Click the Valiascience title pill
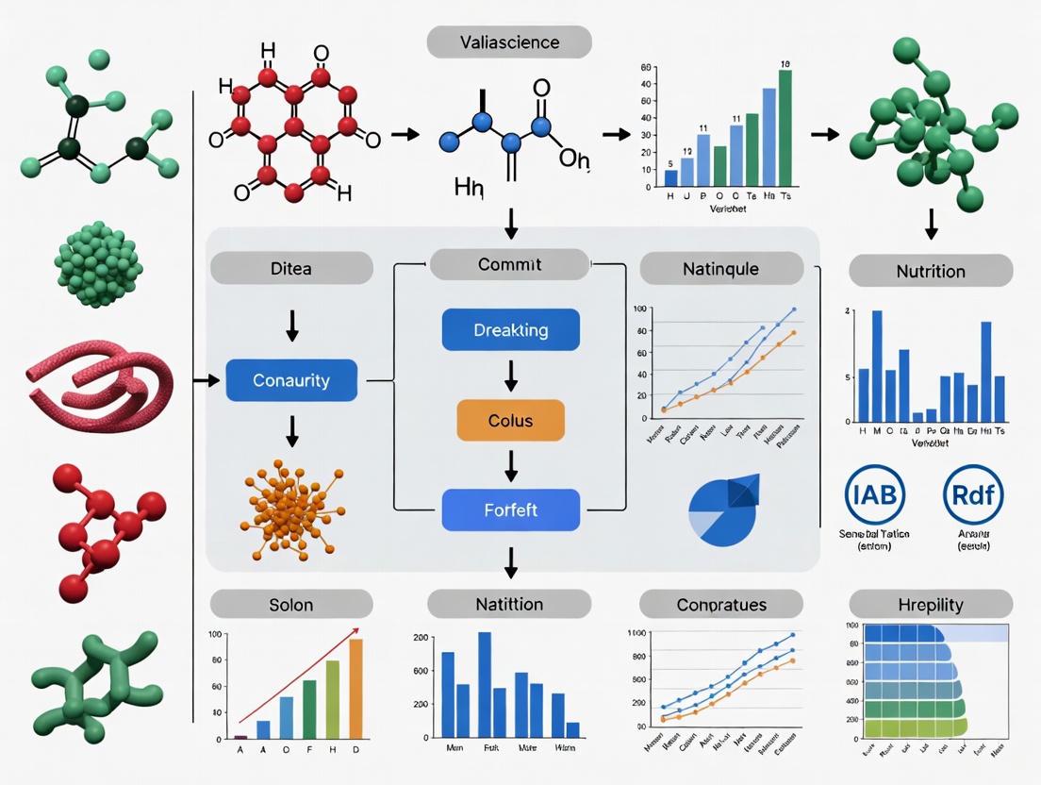click(509, 42)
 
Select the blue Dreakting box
click(510, 330)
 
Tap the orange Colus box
click(510, 420)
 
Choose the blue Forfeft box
click(510, 509)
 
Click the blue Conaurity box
click(291, 381)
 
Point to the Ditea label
click(290, 268)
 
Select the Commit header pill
click(509, 264)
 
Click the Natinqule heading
click(721, 268)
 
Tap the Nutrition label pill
click(931, 271)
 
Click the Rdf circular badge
click(973, 493)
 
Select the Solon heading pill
click(290, 604)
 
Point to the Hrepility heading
click(931, 604)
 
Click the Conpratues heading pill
click(721, 604)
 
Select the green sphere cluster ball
click(98, 264)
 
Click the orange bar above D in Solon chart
click(355, 688)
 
